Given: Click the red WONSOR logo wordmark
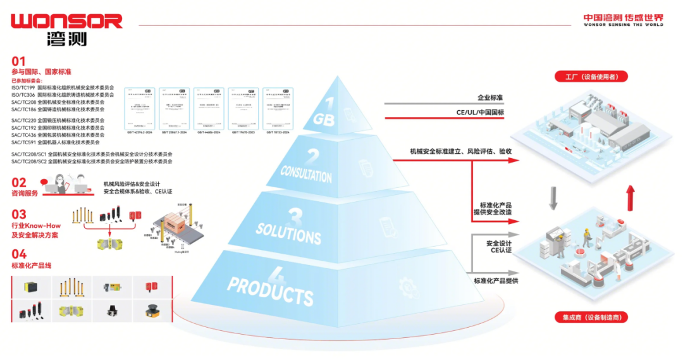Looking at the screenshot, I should pos(66,20).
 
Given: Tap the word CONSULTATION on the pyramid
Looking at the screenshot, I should pos(306,173).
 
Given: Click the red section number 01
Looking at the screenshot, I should pos(19,61).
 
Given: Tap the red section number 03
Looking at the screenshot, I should pos(19,214).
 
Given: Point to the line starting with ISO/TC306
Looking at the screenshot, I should pos(63,95).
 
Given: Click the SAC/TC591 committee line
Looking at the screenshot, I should pos(58,142).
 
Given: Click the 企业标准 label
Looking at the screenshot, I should pos(490,97).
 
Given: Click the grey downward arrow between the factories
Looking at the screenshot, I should pos(553,197).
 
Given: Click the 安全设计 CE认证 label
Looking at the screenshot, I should pos(499,247).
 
